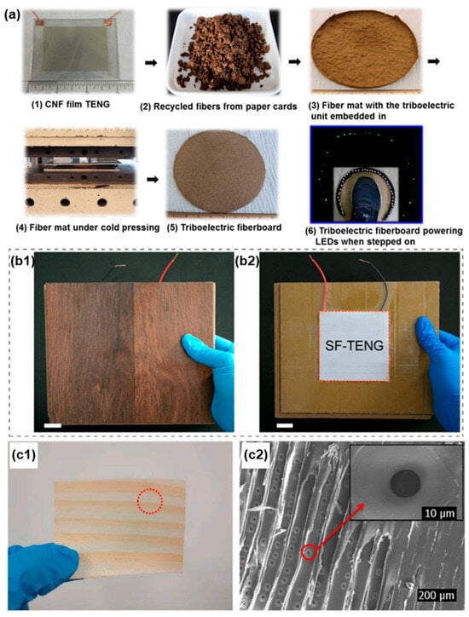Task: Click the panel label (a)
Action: (11, 15)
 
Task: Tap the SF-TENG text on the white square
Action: (354, 345)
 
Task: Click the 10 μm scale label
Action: (439, 513)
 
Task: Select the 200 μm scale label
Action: (436, 595)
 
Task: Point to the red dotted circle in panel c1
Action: (149, 501)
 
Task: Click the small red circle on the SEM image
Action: (310, 552)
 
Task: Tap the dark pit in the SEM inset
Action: (405, 482)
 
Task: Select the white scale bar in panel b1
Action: (53, 425)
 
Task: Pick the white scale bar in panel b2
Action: (285, 425)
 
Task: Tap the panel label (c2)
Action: (256, 455)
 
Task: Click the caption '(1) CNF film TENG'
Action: (71, 104)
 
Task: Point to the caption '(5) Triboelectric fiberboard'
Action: (224, 228)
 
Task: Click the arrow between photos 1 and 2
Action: (151, 62)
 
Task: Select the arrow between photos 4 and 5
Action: (153, 180)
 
